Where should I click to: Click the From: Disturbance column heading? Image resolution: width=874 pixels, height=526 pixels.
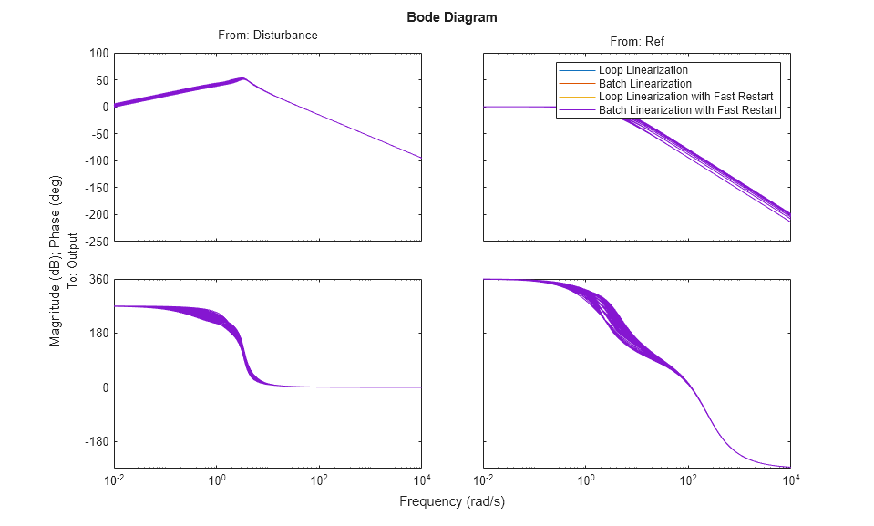click(267, 36)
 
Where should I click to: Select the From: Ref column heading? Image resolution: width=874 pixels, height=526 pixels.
click(636, 42)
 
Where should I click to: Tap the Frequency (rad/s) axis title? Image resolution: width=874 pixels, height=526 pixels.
click(452, 501)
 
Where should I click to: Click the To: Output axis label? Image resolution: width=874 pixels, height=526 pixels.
click(72, 263)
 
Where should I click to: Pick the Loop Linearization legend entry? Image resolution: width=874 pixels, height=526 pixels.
click(643, 70)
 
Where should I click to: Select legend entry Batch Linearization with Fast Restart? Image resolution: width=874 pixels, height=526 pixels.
click(687, 110)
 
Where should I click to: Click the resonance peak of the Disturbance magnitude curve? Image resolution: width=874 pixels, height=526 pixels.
click(242, 78)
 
